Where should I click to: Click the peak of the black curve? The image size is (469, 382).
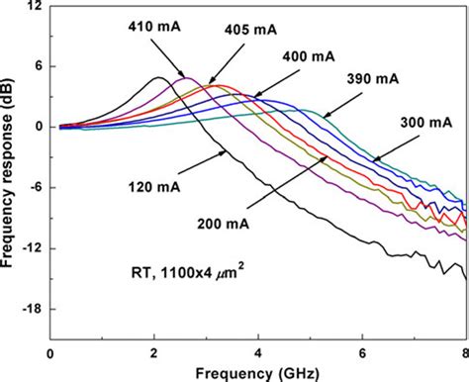[x=157, y=77]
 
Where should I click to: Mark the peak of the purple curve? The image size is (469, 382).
[x=185, y=77]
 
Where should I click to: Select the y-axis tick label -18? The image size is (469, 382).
[x=33, y=309]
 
